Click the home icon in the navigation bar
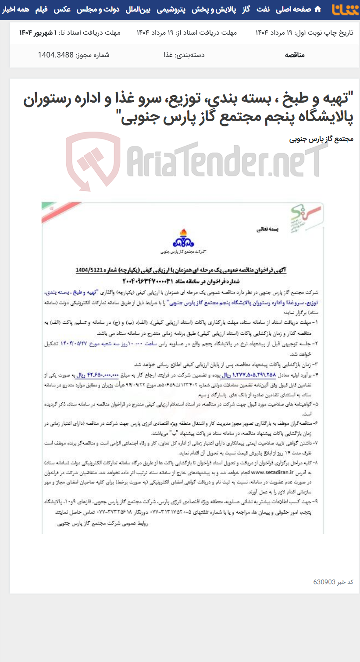318,9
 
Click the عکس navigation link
62,9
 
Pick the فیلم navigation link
42,9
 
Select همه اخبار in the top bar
16,9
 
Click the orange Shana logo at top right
345,10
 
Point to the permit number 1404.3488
56,55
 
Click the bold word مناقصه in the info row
295,55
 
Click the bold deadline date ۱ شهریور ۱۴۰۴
38,32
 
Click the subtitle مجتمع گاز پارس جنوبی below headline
321,139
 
